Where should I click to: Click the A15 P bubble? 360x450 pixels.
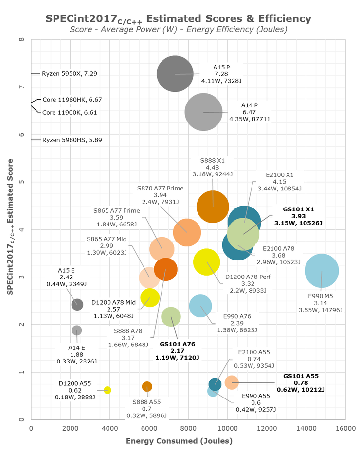point(175,74)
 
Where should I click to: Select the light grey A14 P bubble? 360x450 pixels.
point(203,112)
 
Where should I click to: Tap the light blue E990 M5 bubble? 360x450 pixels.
point(322,271)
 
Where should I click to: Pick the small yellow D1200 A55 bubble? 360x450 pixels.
point(108,390)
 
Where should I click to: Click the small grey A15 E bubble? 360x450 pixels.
point(77,304)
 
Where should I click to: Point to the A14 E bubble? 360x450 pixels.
point(77,330)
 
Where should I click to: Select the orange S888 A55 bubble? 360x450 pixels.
point(147,387)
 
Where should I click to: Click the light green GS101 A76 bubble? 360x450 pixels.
point(170,317)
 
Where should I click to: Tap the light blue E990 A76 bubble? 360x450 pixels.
point(200,306)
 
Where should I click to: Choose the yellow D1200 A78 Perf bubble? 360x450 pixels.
point(207,262)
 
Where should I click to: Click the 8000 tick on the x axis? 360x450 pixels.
point(188,428)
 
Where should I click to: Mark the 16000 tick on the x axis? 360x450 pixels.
point(345,428)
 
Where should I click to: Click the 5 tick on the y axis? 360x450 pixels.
point(22,182)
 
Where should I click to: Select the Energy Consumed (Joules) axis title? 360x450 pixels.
point(179,441)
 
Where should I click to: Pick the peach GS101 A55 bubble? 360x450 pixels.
point(232,382)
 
